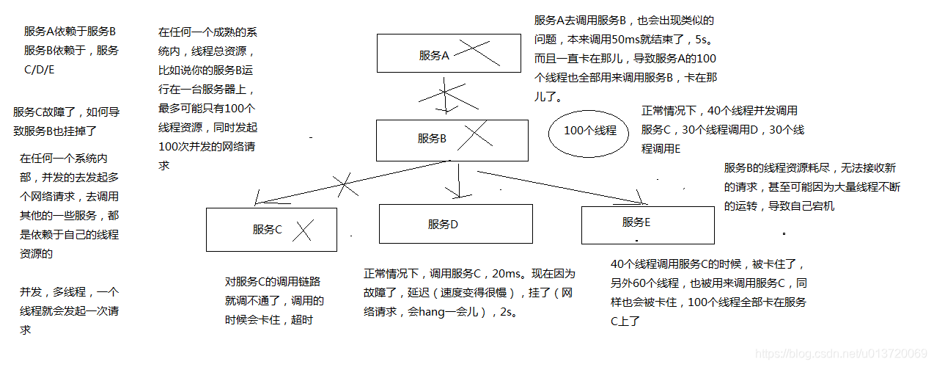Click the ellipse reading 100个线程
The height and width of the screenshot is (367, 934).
[589, 131]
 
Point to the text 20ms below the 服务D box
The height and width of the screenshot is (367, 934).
[505, 274]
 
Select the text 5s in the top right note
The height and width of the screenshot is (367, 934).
[707, 40]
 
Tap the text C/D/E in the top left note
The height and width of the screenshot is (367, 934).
[40, 70]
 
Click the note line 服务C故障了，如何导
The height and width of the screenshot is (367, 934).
[65, 112]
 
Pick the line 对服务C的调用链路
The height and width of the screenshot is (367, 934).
[272, 281]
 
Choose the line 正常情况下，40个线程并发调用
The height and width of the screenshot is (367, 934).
[719, 111]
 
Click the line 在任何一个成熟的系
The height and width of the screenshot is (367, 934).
[207, 32]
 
